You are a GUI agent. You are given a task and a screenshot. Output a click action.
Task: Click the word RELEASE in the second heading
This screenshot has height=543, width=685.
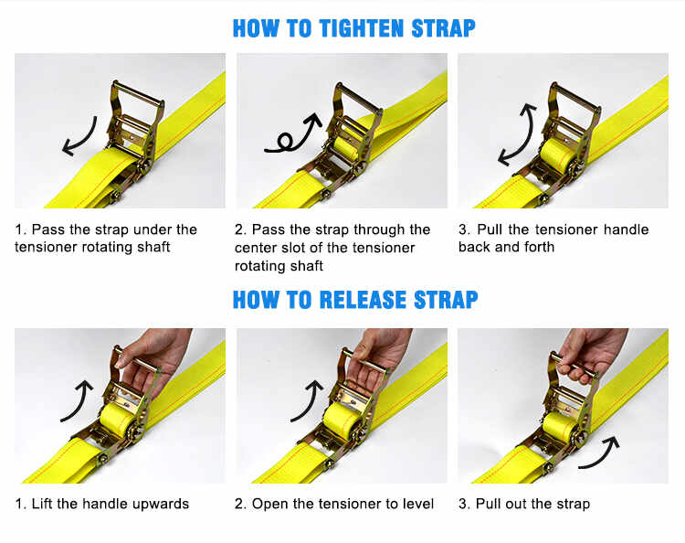pyautogui.click(x=359, y=299)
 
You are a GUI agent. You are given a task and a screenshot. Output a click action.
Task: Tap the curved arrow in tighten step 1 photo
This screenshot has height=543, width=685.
pyautogui.click(x=79, y=135)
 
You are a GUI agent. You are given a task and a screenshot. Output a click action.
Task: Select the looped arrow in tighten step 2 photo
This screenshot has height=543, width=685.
pyautogui.click(x=295, y=134)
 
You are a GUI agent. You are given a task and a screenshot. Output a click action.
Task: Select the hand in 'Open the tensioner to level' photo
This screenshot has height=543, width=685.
pyautogui.click(x=379, y=352)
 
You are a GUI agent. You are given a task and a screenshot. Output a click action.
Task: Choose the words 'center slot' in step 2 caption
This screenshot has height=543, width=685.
pyautogui.click(x=278, y=248)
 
